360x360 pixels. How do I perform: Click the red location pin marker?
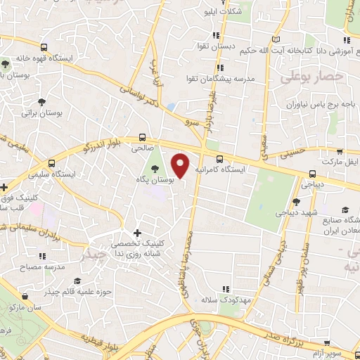click(181, 165)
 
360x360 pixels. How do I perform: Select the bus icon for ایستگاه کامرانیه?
click(220, 159)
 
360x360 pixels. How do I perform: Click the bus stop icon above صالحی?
click(143, 138)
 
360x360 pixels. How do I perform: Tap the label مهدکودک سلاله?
click(234, 300)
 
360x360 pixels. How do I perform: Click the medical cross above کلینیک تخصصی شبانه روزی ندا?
click(136, 233)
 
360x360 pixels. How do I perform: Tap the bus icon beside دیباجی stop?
click(312, 174)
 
